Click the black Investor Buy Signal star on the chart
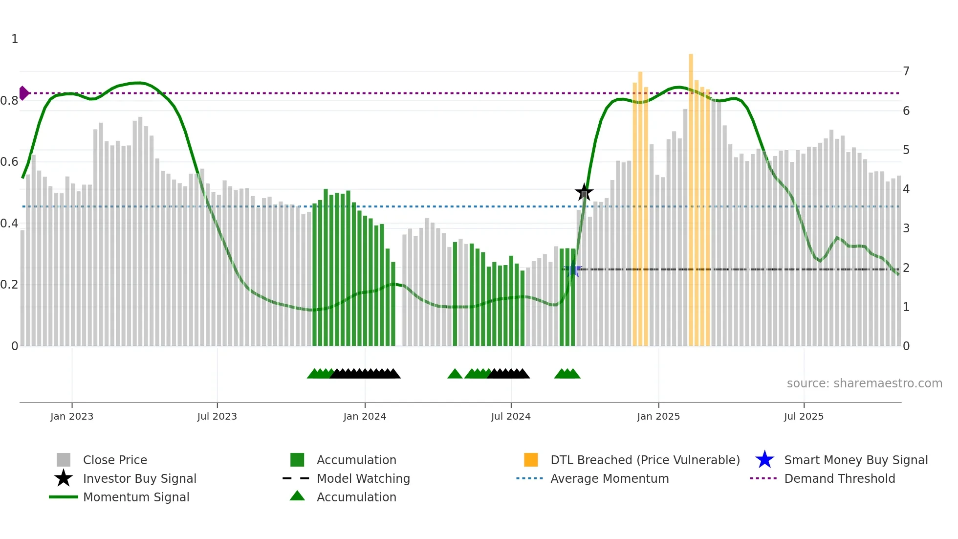pyautogui.click(x=584, y=192)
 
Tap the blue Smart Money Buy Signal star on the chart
pyautogui.click(x=572, y=269)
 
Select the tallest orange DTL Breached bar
pyautogui.click(x=691, y=196)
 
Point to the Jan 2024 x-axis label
pyautogui.click(x=365, y=416)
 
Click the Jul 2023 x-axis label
pyautogui.click(x=217, y=416)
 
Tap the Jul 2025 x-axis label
pyautogui.click(x=804, y=416)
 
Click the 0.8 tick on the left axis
pyautogui.click(x=9, y=101)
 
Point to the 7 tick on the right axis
pyautogui.click(x=906, y=71)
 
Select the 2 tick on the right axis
pyautogui.click(x=906, y=268)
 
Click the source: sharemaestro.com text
pyautogui.click(x=864, y=383)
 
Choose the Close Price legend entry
pyautogui.click(x=115, y=460)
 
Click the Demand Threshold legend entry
pyautogui.click(x=839, y=478)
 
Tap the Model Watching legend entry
pyautogui.click(x=363, y=478)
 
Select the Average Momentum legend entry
pyautogui.click(x=609, y=478)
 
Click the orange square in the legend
pyautogui.click(x=531, y=460)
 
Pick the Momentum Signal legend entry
pyautogui.click(x=136, y=497)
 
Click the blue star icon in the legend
pyautogui.click(x=764, y=460)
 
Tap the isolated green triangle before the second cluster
pyautogui.click(x=455, y=374)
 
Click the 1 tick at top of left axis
pyautogui.click(x=15, y=39)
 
